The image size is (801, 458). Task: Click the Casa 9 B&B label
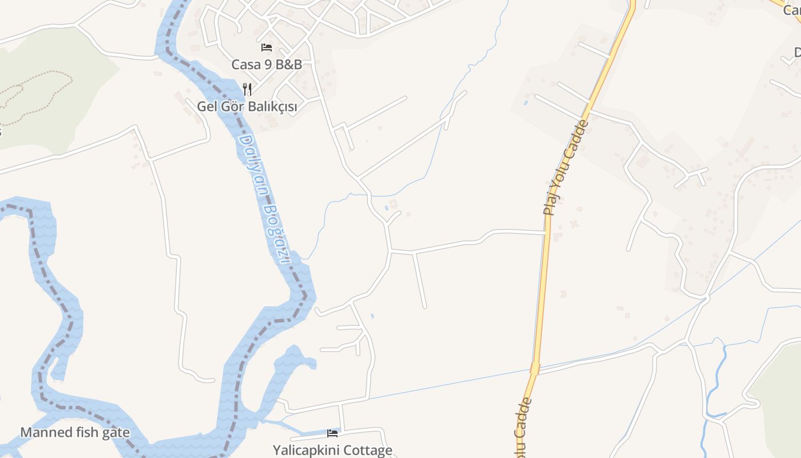point(266,64)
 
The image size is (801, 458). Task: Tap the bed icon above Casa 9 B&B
point(267,48)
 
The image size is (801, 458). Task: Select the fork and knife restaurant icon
point(247,89)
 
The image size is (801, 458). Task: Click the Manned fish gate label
point(75,432)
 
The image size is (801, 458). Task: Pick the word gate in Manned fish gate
point(116,432)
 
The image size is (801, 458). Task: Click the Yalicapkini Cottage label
point(332,450)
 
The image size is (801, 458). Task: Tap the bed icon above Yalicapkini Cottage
point(332,433)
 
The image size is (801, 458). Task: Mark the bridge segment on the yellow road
point(535,368)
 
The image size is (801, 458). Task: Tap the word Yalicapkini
point(307,450)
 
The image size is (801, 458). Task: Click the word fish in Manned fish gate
point(86,432)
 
